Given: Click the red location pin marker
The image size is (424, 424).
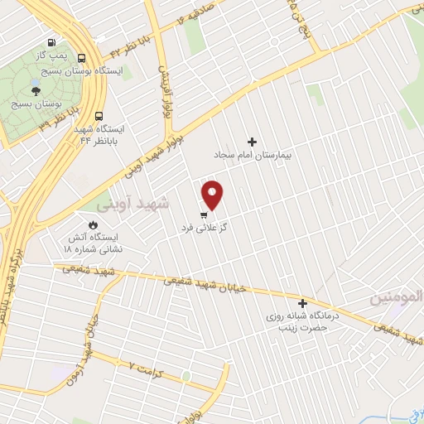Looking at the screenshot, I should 213,194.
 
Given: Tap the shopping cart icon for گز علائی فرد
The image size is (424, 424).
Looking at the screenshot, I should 204,214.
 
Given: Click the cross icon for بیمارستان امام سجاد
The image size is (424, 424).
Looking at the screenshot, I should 253,142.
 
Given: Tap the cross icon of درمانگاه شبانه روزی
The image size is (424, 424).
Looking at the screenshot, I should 302,304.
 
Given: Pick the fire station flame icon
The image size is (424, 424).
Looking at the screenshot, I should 93,224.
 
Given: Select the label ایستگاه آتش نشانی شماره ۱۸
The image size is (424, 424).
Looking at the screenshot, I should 94,243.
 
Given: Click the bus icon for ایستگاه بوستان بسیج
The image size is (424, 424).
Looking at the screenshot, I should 81,58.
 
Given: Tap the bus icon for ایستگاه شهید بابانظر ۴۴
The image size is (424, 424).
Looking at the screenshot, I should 99,117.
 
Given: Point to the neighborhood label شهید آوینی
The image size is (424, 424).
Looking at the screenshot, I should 132,203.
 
